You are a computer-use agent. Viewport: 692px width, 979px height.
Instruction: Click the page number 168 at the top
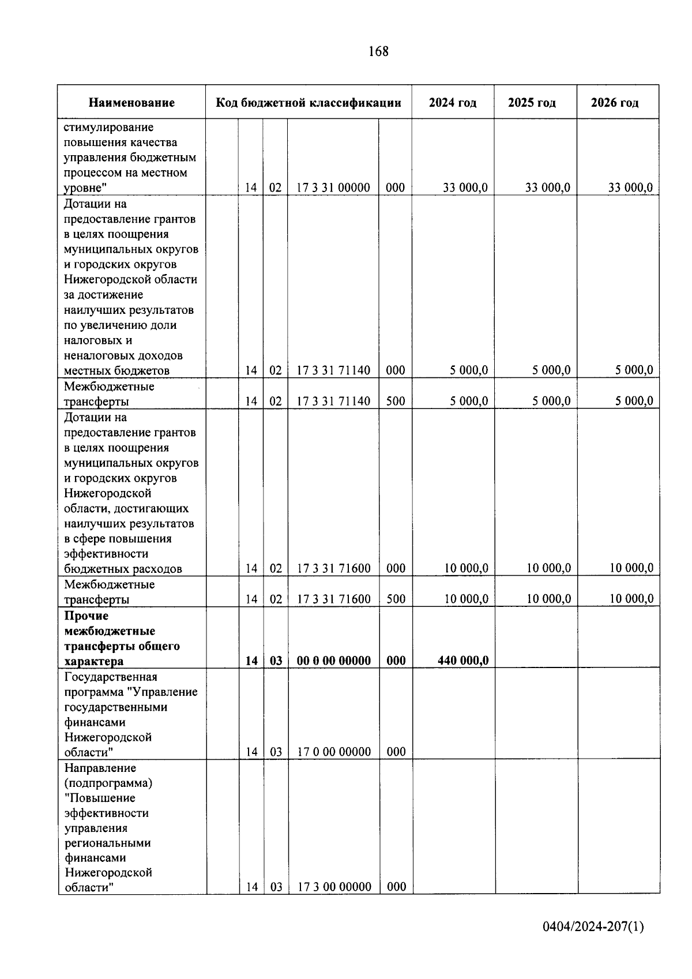(x=378, y=52)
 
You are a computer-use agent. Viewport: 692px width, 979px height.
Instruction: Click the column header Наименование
(x=131, y=103)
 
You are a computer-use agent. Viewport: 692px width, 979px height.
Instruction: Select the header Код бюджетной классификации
(x=309, y=103)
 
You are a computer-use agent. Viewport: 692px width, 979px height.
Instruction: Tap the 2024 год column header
(x=453, y=103)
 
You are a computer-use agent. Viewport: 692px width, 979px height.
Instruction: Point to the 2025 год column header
(x=532, y=103)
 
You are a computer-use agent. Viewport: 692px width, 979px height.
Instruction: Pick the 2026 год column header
(x=615, y=103)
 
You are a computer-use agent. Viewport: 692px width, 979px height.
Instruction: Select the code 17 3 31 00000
(x=333, y=187)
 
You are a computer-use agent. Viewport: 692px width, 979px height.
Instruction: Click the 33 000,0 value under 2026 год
(x=630, y=187)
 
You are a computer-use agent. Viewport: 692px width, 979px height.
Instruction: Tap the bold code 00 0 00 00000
(x=333, y=661)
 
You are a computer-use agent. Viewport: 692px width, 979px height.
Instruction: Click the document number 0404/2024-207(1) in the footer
(x=593, y=927)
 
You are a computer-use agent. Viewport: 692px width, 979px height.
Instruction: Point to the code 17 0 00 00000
(x=333, y=752)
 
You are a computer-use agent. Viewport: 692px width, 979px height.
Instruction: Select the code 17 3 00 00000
(x=334, y=887)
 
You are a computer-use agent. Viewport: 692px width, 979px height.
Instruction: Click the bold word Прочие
(x=86, y=616)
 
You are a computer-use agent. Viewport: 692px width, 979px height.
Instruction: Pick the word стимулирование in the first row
(x=108, y=127)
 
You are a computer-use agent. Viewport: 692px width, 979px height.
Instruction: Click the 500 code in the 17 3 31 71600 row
(x=396, y=599)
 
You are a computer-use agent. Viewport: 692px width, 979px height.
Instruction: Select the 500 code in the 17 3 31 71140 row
(x=396, y=401)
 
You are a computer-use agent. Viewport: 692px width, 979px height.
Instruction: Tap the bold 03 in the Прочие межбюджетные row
(x=276, y=661)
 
